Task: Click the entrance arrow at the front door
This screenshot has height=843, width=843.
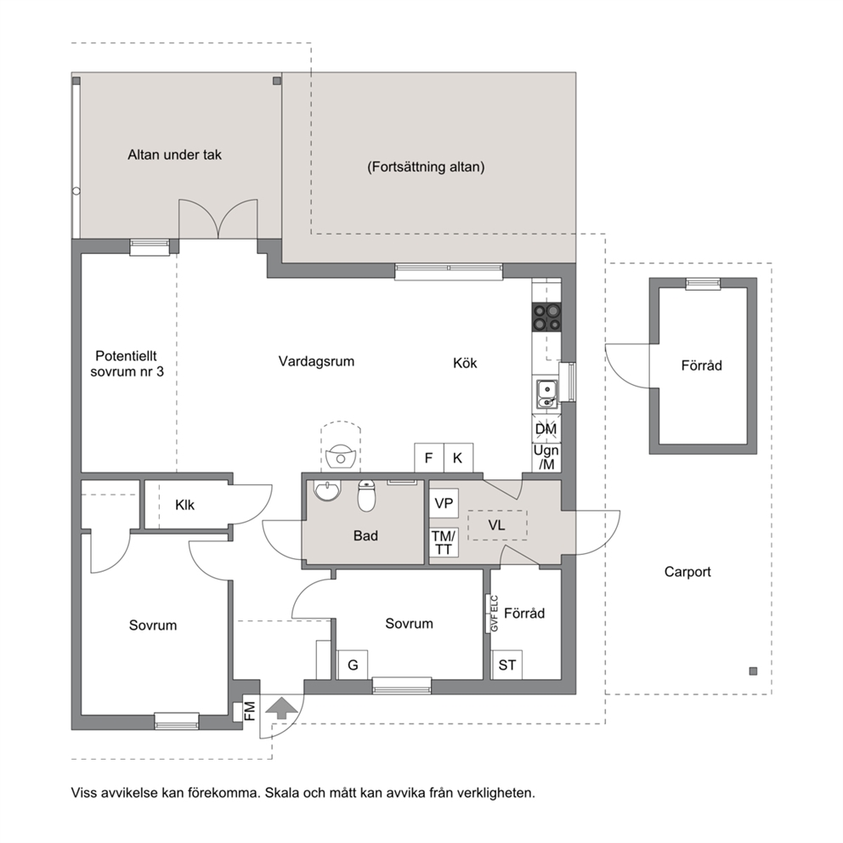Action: coord(281,708)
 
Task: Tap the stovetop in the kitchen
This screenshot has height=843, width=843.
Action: coord(546,317)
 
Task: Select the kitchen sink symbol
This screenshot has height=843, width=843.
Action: coord(546,393)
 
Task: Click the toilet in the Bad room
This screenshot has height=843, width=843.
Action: coord(366,495)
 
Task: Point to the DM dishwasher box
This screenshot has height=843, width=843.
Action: coord(546,428)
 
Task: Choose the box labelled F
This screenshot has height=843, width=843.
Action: coord(429,457)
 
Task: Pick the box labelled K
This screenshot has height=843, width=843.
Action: coord(458,457)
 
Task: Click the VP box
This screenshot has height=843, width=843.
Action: coord(444,503)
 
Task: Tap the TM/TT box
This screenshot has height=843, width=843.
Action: coord(444,542)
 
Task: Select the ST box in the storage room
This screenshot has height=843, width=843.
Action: coord(507,665)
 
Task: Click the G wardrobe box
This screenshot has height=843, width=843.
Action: coord(353,665)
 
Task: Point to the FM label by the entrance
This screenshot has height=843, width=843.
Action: coord(250,710)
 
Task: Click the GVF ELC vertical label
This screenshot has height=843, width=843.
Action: coord(495,614)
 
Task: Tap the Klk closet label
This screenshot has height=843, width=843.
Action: coord(184,505)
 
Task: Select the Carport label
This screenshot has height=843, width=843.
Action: coord(687,572)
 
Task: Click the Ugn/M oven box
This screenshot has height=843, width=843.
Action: coord(546,457)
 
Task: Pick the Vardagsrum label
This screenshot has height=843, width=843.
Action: coord(316,361)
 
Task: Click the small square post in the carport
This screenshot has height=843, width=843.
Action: coord(753,671)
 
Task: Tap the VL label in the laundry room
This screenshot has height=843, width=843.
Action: coord(497,524)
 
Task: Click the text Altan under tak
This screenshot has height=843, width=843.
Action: coord(175,155)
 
